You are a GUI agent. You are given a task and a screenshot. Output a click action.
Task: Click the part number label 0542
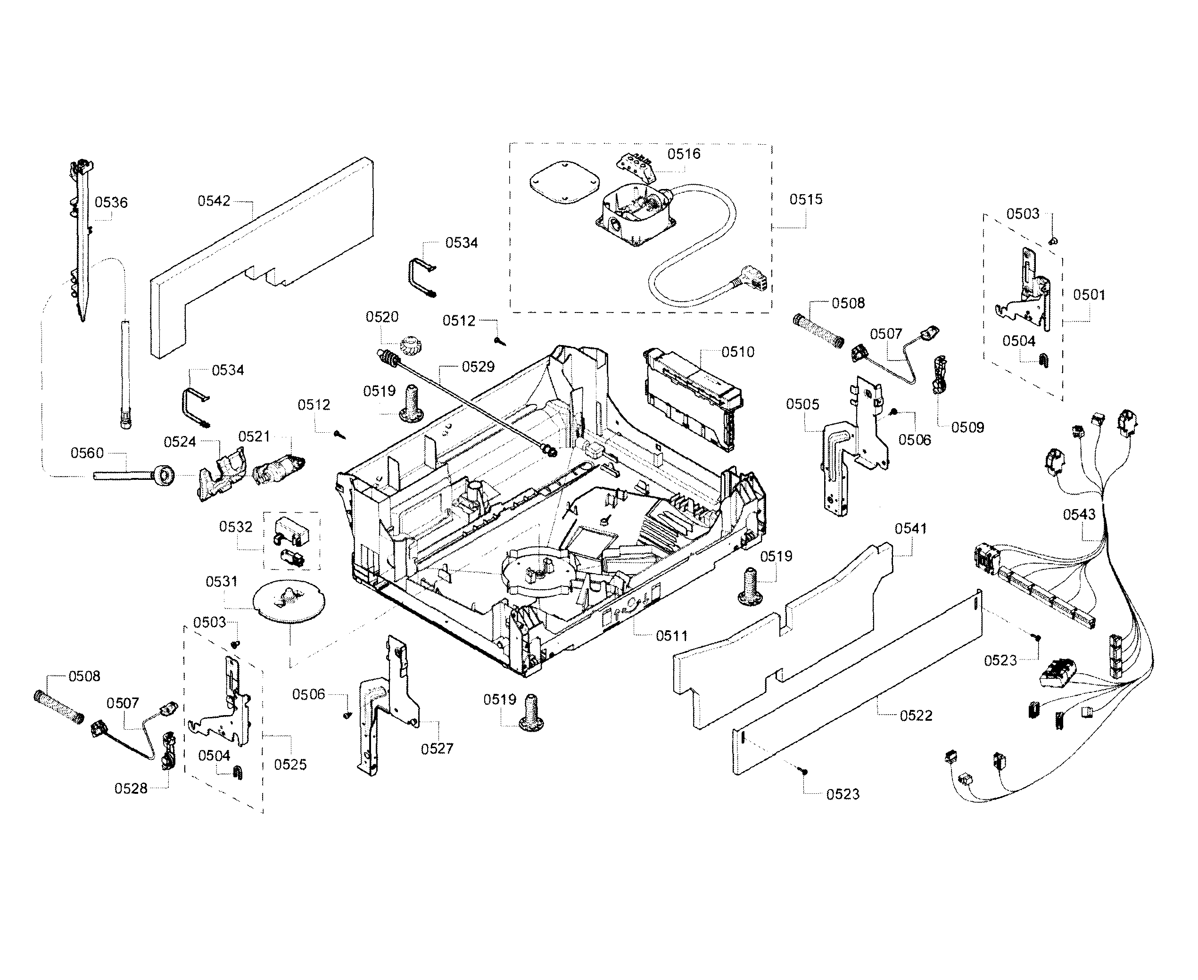click(214, 201)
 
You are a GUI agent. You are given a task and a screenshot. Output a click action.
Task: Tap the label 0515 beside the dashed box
click(806, 199)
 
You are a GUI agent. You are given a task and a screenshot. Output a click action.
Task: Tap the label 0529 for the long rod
click(478, 367)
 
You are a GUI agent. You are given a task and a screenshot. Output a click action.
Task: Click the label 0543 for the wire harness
click(1079, 514)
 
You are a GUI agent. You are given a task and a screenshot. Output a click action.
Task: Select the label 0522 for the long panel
click(916, 716)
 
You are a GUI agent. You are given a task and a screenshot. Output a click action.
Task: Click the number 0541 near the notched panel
click(910, 528)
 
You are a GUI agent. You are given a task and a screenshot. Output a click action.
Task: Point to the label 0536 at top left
click(111, 202)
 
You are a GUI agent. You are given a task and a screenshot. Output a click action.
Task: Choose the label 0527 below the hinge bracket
click(437, 749)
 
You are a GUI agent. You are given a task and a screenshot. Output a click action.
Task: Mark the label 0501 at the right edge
click(1089, 295)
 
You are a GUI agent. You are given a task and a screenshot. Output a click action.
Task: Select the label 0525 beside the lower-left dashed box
click(290, 765)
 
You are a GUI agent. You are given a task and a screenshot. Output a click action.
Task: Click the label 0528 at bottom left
click(131, 789)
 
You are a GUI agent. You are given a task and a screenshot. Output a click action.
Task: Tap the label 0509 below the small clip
click(967, 428)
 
